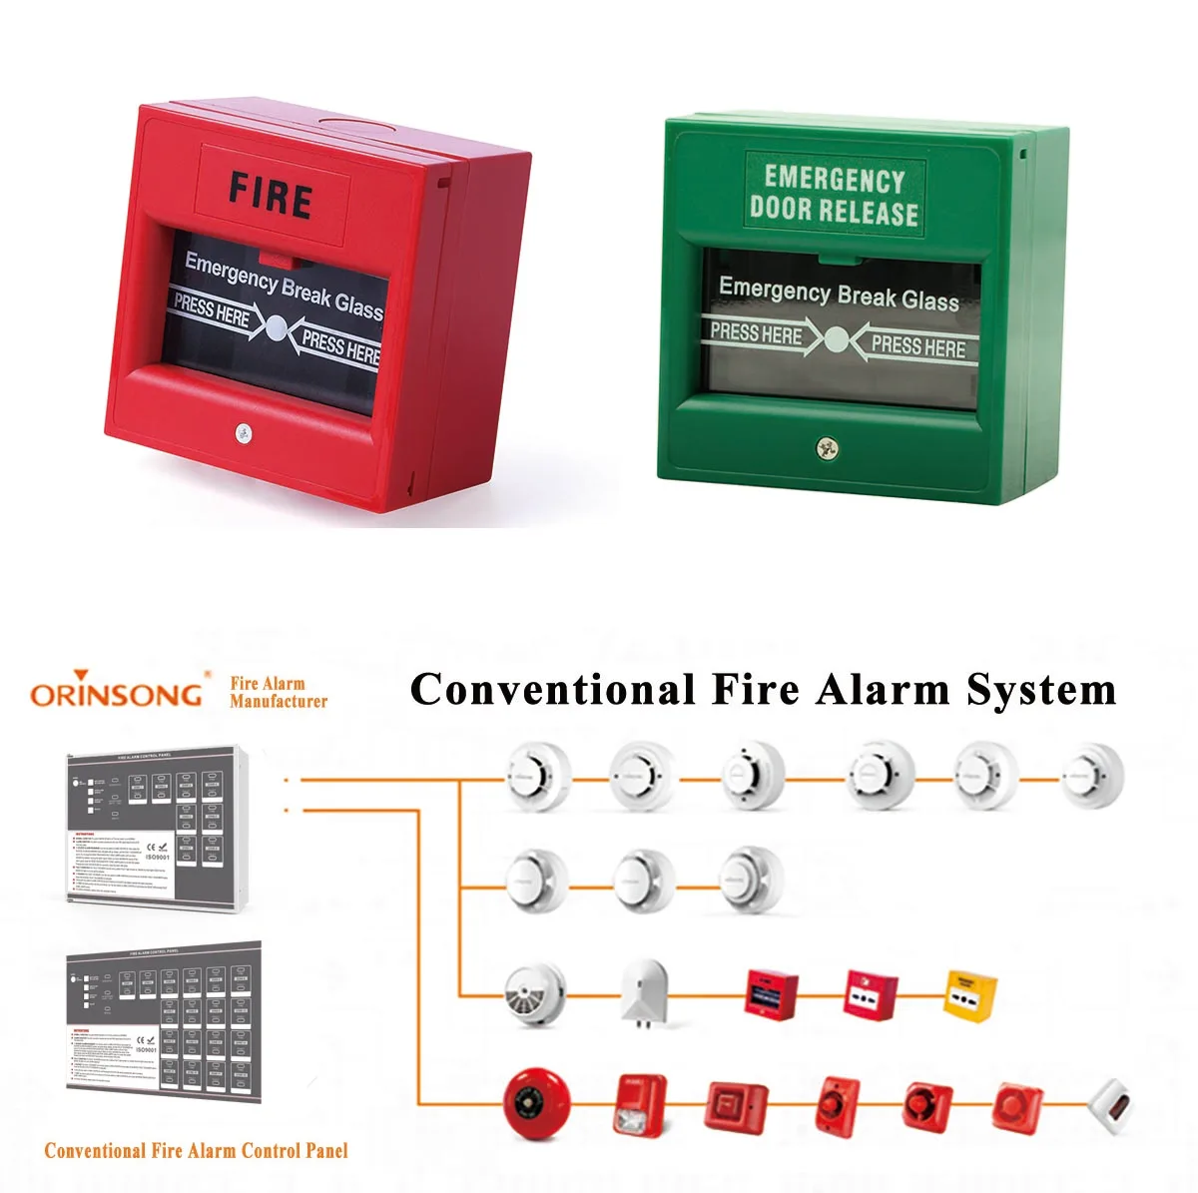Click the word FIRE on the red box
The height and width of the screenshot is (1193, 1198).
(271, 195)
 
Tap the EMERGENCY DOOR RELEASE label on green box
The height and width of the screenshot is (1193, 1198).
(834, 195)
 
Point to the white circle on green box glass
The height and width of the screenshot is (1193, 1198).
(836, 340)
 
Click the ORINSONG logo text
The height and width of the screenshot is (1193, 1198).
(116, 693)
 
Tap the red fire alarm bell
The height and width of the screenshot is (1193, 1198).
(536, 1103)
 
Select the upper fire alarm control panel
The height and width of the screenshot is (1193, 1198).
(155, 830)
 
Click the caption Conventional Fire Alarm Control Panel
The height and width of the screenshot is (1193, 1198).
(196, 1150)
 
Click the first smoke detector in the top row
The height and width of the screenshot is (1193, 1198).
(537, 776)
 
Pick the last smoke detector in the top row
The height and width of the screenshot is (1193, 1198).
(1092, 776)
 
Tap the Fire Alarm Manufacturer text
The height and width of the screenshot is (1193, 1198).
(278, 693)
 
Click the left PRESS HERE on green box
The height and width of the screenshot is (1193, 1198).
(756, 334)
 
